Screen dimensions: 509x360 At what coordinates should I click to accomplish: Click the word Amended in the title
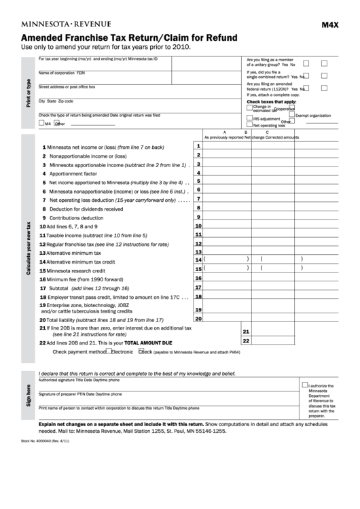[46, 37]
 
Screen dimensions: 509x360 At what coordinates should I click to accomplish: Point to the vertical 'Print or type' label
[28, 92]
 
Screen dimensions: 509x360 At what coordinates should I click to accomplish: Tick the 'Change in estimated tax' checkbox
[249, 107]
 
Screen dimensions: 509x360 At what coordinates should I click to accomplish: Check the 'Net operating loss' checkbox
[249, 125]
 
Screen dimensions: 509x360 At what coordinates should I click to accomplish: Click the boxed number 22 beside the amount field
[246, 340]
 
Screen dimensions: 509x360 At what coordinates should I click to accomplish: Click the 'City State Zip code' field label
[56, 101]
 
